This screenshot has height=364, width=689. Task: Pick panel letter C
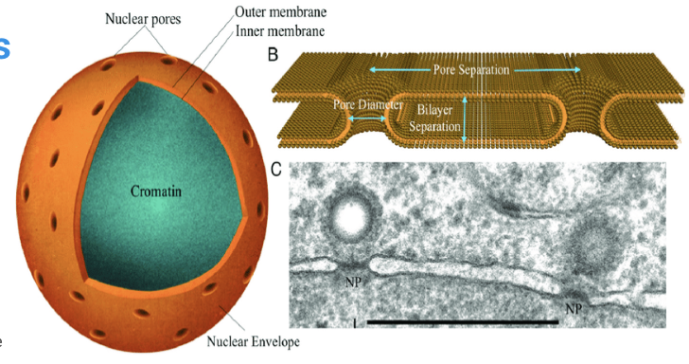click(275, 170)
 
